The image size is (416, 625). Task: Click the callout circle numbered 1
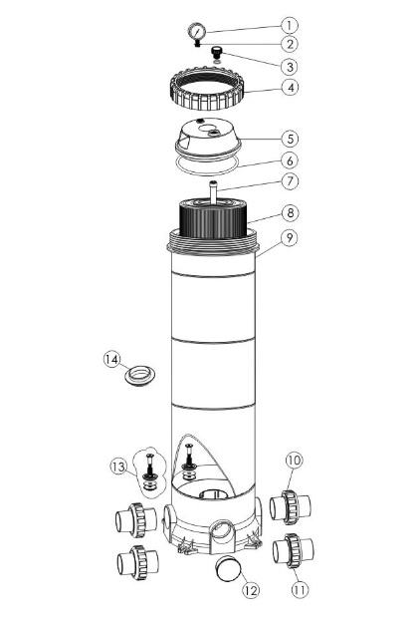coord(289,24)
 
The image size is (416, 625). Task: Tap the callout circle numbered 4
coord(289,88)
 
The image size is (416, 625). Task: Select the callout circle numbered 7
coord(289,182)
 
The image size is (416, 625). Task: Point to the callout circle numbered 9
coord(289,239)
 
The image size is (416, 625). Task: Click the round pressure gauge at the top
coord(198,32)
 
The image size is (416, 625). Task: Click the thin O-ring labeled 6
coord(209,162)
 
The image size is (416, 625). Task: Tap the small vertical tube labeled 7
coord(211,189)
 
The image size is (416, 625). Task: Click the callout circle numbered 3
coord(289,66)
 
